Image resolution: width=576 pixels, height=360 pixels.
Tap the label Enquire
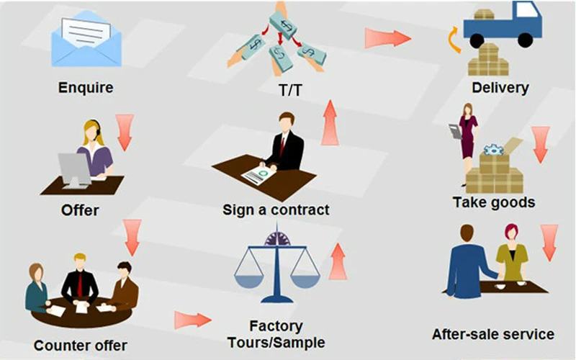[x=86, y=88]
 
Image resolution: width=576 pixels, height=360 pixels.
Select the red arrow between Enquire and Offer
[x=125, y=132]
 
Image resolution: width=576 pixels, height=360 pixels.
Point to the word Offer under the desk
[x=80, y=210]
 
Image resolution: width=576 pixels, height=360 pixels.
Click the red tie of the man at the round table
[x=80, y=284]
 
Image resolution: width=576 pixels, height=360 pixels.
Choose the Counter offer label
[x=81, y=346]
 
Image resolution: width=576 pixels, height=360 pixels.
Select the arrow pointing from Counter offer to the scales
[x=193, y=320]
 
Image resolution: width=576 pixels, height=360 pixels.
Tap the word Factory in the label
[x=276, y=326]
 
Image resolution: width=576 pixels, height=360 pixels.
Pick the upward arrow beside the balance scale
[x=338, y=261]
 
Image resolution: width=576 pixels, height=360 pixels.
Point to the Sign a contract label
[x=276, y=210]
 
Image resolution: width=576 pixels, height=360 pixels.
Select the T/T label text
[x=290, y=90]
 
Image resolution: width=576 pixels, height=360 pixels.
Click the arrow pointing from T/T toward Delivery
[x=388, y=38]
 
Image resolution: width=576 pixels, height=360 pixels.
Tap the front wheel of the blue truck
[x=525, y=40]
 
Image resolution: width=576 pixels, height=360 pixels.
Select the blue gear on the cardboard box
[x=493, y=150]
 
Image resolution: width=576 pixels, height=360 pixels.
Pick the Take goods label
[x=494, y=202]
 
